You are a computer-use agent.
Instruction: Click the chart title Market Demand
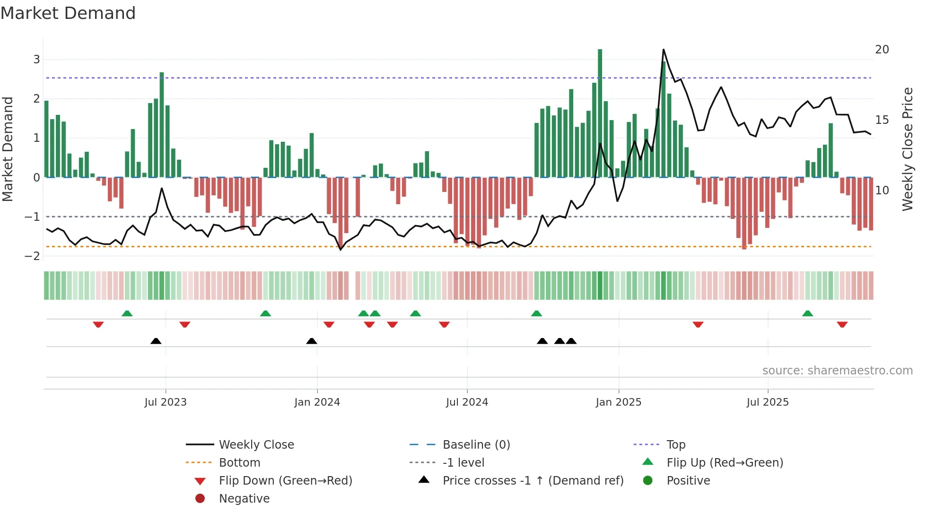point(68,13)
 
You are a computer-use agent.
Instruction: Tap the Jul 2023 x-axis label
point(166,402)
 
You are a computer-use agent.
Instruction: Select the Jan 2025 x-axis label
point(618,402)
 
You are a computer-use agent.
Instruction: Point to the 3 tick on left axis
point(36,60)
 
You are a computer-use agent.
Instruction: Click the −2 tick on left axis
point(33,256)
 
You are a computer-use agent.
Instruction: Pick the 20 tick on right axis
point(882,50)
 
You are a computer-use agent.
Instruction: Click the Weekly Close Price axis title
point(907,149)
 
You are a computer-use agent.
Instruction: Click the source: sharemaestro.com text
point(837,371)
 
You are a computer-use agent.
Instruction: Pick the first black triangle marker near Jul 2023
point(156,341)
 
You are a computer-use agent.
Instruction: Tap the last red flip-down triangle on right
point(842,324)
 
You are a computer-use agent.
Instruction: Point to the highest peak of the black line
point(663,50)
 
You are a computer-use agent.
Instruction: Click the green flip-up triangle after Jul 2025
point(807,313)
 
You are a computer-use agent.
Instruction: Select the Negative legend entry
point(244,499)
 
